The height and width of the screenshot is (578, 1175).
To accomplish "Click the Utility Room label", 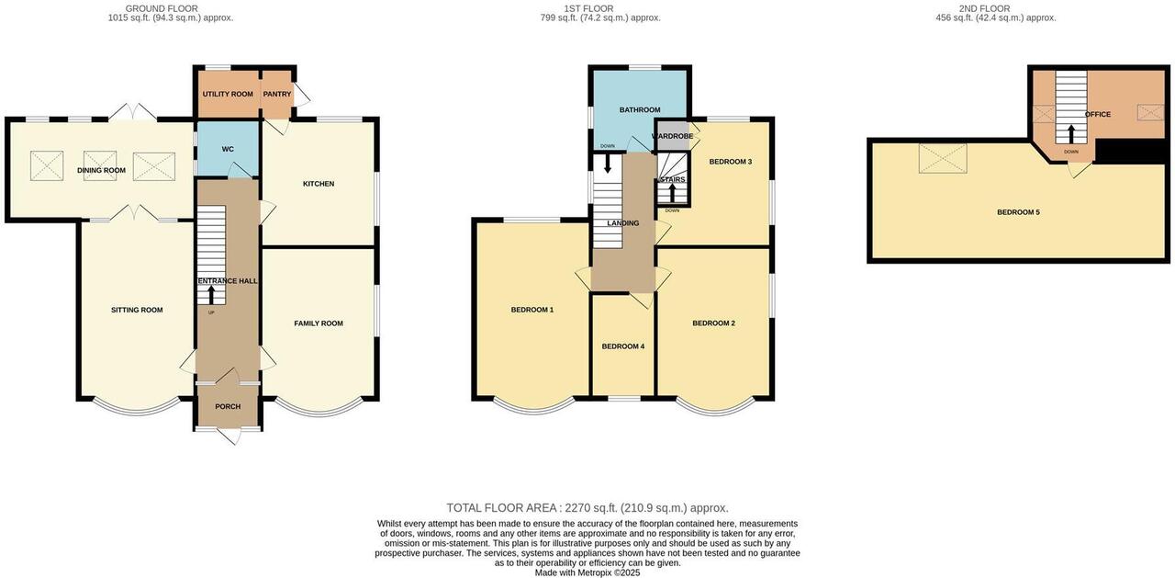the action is pos(228,94).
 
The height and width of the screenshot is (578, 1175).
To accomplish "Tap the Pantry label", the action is pos(277,94).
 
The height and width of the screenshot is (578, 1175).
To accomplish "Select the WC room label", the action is pos(228,149).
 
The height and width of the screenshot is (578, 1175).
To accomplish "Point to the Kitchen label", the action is pos(319,184).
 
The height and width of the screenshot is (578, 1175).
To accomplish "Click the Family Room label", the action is pos(319,323).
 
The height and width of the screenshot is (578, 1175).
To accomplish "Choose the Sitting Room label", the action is pos(137,310).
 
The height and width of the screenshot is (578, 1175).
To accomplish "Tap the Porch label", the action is pos(228,406).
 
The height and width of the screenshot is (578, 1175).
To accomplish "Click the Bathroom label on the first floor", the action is pos(640,109).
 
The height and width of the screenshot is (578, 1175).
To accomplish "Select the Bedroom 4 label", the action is pos(623,346).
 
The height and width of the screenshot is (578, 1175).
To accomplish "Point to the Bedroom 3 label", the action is pos(731,162).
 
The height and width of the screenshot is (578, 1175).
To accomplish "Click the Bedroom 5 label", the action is pos(1018,212).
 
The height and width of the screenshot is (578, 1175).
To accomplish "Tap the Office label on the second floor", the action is pos(1098,114).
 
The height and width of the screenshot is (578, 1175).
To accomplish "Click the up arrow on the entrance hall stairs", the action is pos(211,295).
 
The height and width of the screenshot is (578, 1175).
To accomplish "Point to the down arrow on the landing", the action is pos(608,164).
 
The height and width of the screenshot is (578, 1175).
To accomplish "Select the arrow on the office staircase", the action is pos(1070,134).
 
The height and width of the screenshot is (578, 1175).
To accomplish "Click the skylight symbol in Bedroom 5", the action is pos(943,158).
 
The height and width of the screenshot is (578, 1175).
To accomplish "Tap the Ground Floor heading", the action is pos(162,8).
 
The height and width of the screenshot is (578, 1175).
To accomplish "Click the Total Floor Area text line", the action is pos(587,507).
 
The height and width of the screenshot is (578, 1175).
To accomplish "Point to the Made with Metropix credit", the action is pos(587,572).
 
